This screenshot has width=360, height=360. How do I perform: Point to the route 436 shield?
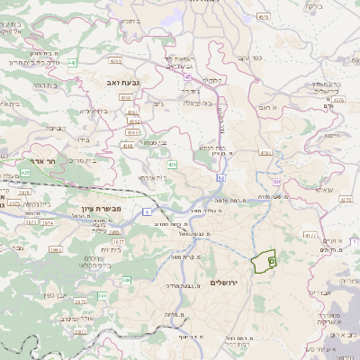[172, 165]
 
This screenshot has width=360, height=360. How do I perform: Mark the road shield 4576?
[262, 16]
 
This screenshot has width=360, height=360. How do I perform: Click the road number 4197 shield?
[265, 153]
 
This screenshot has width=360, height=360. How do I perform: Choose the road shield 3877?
[117, 241]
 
